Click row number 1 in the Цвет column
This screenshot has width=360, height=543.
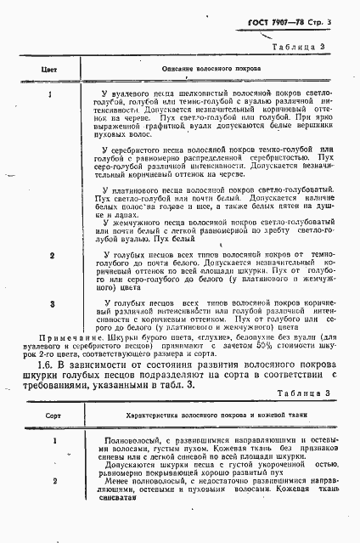click(52, 96)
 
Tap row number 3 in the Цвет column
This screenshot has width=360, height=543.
click(53, 303)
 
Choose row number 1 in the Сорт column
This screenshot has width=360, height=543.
click(53, 441)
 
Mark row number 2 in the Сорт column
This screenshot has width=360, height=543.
click(53, 481)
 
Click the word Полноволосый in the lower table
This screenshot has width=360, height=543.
click(130, 440)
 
